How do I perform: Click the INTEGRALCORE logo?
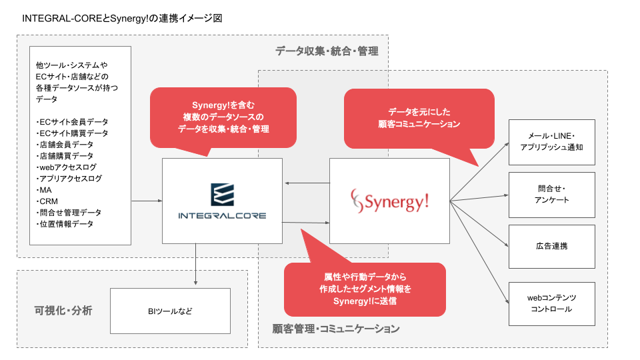(x=222, y=201)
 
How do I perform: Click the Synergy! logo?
(x=389, y=200)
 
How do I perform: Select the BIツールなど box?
(x=169, y=311)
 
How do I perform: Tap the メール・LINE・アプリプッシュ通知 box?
(x=551, y=142)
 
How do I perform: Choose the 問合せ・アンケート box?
(x=551, y=194)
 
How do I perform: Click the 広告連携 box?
(x=551, y=246)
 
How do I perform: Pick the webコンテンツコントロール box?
(x=551, y=303)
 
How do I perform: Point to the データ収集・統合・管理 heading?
(x=327, y=51)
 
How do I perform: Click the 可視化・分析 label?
(x=63, y=311)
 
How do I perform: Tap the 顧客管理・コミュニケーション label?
(x=336, y=329)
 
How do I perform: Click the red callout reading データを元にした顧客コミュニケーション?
(x=419, y=118)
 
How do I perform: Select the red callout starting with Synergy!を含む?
(x=223, y=117)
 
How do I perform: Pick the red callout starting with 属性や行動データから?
(x=365, y=289)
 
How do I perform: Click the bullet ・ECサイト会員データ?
(x=72, y=121)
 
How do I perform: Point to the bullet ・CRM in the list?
(x=47, y=201)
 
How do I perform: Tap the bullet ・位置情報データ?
(x=65, y=224)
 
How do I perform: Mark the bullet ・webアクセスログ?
(x=67, y=167)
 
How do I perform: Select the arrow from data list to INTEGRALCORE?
(x=147, y=201)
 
